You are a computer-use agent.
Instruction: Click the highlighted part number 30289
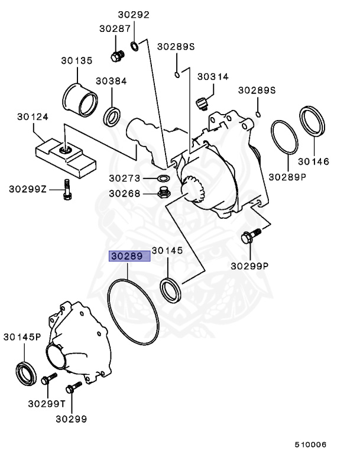pos(129,257)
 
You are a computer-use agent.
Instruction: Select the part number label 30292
pos(132,15)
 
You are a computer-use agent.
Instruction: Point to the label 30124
pos(33,116)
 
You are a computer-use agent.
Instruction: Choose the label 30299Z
pos(27,189)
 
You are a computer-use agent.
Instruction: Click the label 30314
pos(212,77)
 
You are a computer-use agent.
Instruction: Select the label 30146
pos(313,161)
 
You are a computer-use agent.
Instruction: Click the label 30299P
pos(249,265)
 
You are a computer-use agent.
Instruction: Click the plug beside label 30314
pos(202,103)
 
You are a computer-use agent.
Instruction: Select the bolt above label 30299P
pos(249,237)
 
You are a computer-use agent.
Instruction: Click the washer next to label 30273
pos(163,178)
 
